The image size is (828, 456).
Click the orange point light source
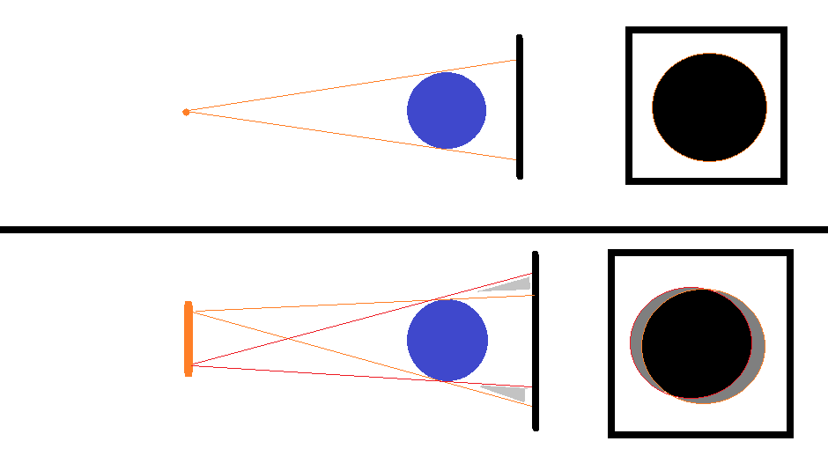(x=186, y=112)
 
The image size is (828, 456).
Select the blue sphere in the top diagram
(x=447, y=110)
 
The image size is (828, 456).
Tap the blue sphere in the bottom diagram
(x=447, y=341)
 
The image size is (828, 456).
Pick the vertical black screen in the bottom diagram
(x=536, y=341)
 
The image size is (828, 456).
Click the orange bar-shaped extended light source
(x=189, y=339)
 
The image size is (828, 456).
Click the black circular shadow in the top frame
(x=709, y=107)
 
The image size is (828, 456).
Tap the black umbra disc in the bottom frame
(x=696, y=343)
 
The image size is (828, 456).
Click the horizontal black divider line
(x=414, y=230)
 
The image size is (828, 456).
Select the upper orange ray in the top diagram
(x=352, y=85)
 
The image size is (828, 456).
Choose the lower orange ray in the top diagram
(x=352, y=136)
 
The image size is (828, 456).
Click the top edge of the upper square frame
(x=706, y=31)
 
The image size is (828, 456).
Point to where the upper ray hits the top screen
(x=517, y=61)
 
